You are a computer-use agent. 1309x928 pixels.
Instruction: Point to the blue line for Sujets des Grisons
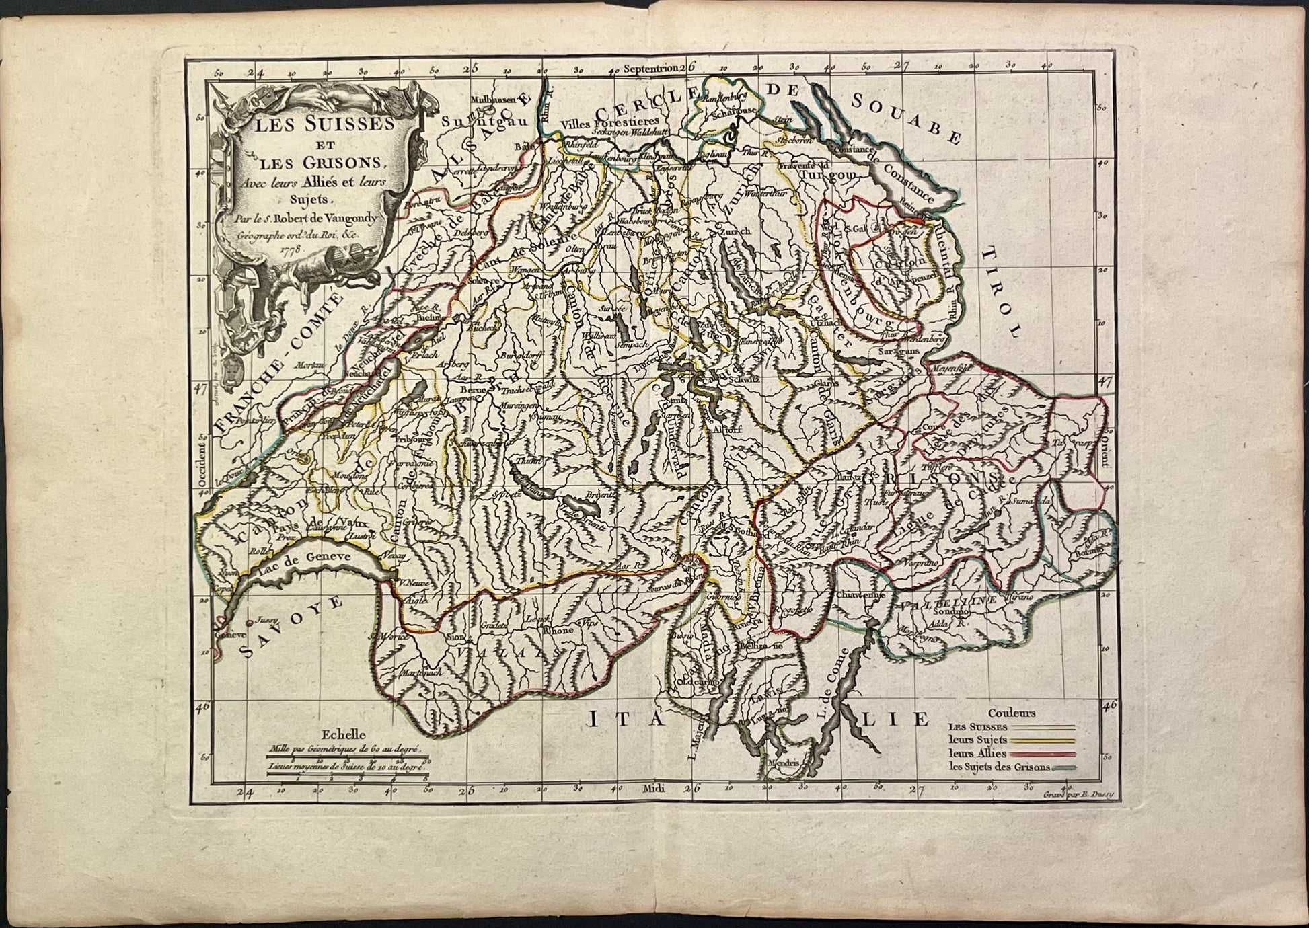click(1065, 768)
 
